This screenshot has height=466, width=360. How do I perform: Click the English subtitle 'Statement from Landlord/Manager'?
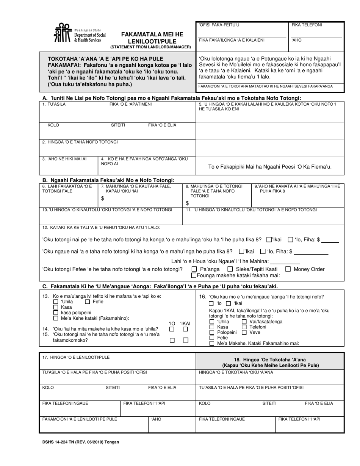coord(150,47)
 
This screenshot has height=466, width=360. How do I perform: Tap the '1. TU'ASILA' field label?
coord(54,104)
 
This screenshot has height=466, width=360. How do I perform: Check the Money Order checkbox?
coord(288,269)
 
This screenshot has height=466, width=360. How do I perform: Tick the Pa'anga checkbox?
coord(194,269)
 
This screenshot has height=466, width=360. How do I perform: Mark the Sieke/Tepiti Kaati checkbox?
coord(230,269)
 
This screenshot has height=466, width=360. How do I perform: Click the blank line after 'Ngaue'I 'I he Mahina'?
coord(285,261)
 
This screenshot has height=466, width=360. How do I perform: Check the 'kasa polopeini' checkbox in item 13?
coord(56,313)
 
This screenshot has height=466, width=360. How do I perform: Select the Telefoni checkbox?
coord(244,327)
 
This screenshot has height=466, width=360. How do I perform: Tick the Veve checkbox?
coord(244,332)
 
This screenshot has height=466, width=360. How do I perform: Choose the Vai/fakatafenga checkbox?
coord(244,322)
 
